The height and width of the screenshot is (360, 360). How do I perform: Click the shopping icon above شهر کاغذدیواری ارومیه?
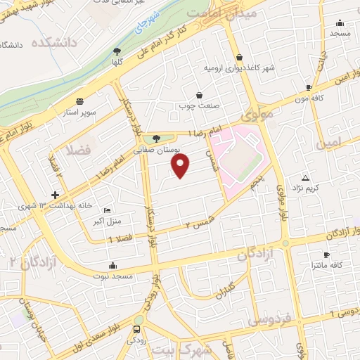[x=240, y=58]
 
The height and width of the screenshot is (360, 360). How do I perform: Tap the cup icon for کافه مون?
[x=309, y=88]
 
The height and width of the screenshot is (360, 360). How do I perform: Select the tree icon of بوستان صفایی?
[x=156, y=139]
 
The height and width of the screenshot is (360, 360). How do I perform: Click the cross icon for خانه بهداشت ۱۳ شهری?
[x=55, y=195]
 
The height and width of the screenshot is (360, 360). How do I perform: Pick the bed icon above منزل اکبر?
[x=107, y=210]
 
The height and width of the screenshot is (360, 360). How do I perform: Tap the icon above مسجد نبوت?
[x=113, y=265]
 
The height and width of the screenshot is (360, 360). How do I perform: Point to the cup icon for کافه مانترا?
[x=326, y=255]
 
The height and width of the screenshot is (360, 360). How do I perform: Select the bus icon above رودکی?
[x=136, y=328]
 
